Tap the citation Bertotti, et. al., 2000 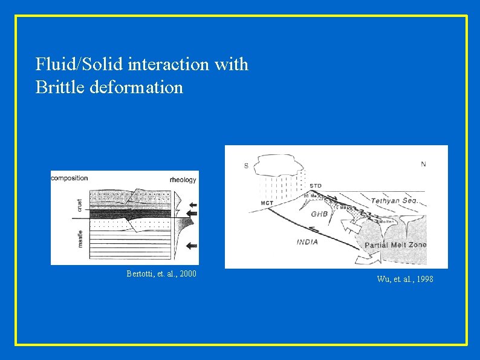[x=161, y=274]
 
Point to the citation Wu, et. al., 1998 [x=404, y=279]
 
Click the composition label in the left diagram [x=70, y=178]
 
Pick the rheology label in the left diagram [x=183, y=179]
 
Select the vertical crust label [x=80, y=205]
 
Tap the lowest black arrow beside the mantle [x=192, y=246]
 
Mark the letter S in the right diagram [x=246, y=166]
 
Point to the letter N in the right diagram [x=423, y=164]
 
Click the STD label [x=315, y=185]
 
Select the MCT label [x=266, y=202]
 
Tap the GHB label [x=319, y=214]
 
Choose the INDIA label [x=308, y=242]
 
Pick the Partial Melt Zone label [x=395, y=245]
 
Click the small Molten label [x=387, y=222]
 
